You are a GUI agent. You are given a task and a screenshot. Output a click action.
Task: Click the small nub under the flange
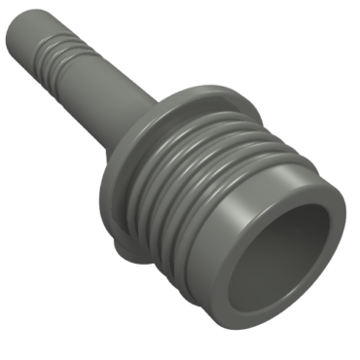(125, 252)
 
